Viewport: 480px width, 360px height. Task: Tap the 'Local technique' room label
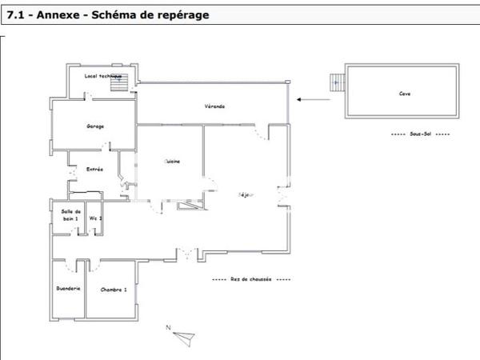[102, 76]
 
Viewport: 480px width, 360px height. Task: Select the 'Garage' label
[96, 126]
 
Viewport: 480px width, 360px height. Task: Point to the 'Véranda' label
[214, 106]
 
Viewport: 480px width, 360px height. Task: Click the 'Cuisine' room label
[172, 161]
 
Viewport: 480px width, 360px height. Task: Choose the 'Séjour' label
[247, 194]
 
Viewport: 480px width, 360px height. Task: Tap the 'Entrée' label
[94, 169]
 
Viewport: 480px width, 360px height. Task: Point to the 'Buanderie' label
[68, 289]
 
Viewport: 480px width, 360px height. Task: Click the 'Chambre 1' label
[114, 289]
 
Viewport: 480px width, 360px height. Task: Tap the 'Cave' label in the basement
[405, 94]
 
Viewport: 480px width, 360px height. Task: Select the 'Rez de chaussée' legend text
[251, 280]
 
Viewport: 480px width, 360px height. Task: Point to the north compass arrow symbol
[185, 337]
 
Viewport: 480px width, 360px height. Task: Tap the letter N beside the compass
[168, 327]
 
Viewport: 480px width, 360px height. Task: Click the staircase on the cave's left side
[337, 82]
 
